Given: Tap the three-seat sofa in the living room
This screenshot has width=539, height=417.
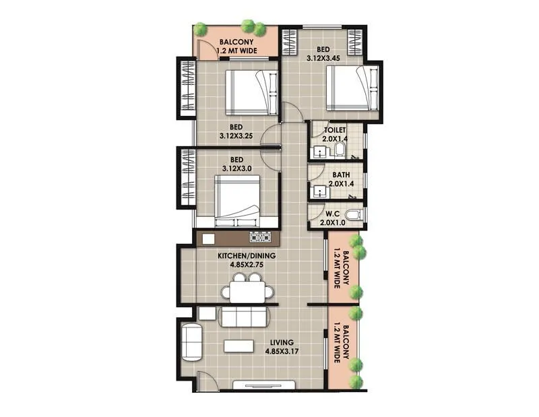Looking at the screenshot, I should pyautogui.click(x=245, y=317).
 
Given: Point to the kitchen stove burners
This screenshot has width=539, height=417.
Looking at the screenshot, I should pyautogui.click(x=260, y=237).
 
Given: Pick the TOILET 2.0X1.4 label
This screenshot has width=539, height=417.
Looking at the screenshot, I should pyautogui.click(x=334, y=133).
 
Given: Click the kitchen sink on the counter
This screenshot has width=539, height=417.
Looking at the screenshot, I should pyautogui.click(x=209, y=238).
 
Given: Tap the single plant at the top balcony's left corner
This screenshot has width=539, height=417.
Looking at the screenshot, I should pyautogui.click(x=200, y=30).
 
